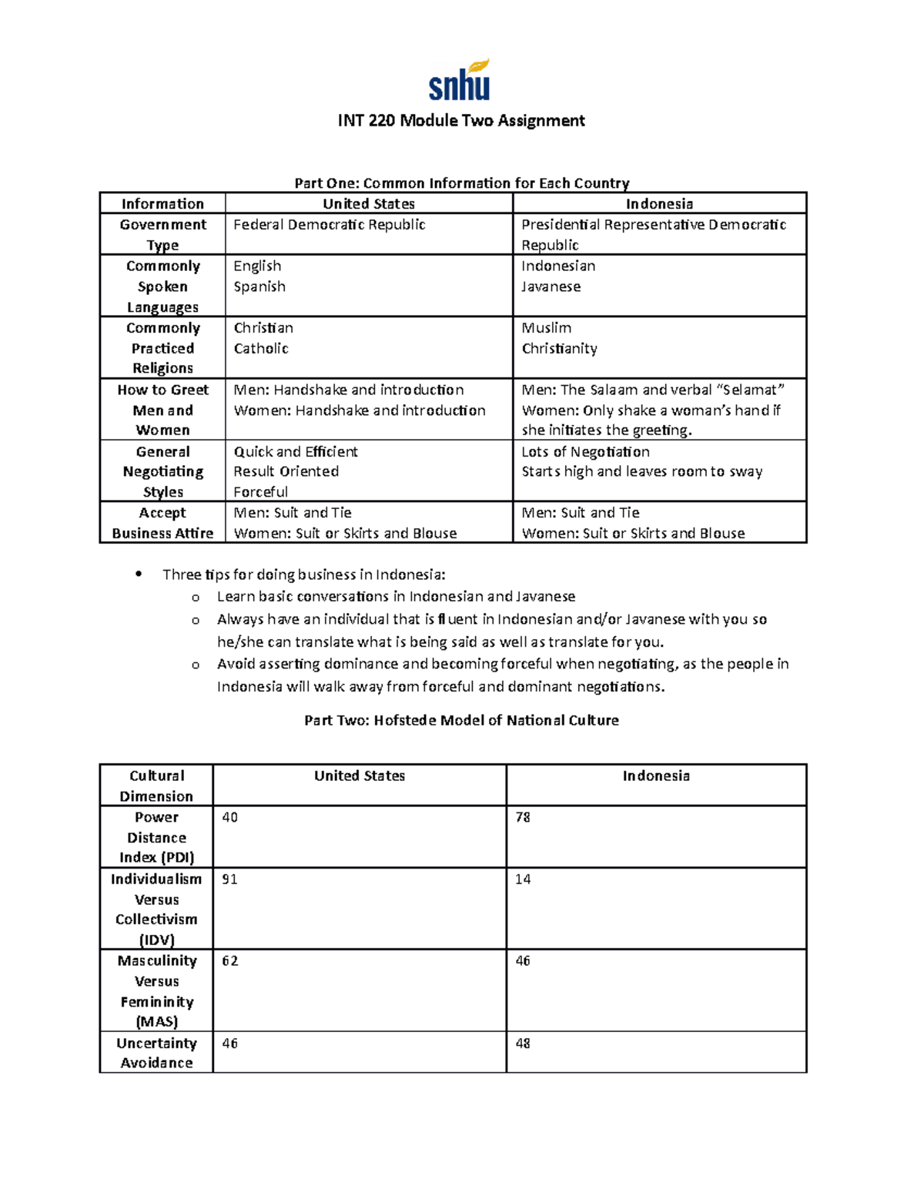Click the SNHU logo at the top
click(460, 81)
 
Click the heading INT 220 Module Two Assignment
click(461, 121)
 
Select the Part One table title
click(461, 183)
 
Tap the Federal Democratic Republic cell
click(330, 225)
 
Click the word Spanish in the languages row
click(259, 286)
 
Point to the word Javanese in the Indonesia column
click(551, 286)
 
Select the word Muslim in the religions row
click(546, 328)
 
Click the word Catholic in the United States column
click(261, 349)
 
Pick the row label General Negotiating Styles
click(162, 471)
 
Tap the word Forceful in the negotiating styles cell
click(260, 492)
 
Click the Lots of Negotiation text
click(585, 452)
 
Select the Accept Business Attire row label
click(162, 523)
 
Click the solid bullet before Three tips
click(139, 574)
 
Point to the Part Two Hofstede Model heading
click(461, 721)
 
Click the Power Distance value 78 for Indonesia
click(523, 817)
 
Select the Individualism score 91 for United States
click(229, 879)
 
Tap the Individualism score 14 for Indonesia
click(523, 879)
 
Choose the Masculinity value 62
click(229, 961)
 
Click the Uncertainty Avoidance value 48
click(523, 1044)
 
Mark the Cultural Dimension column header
click(156, 786)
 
